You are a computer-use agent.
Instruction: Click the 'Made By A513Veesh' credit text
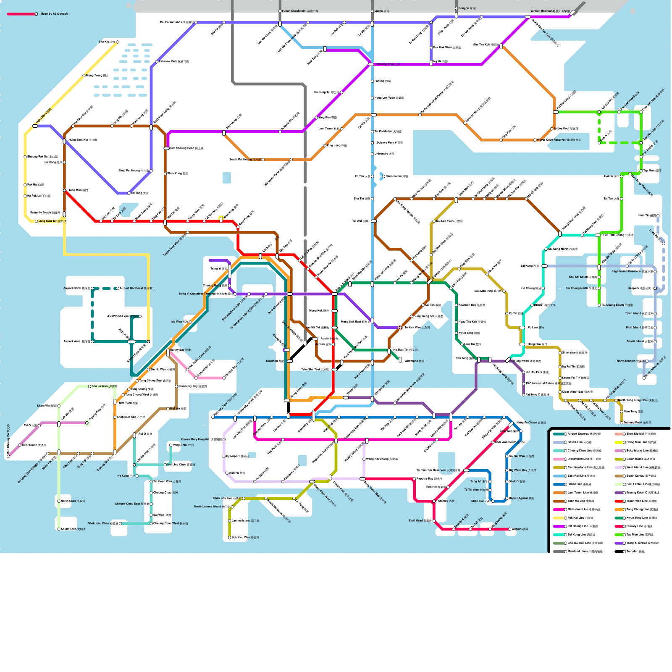[54, 14]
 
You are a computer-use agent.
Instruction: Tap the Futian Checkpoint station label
[300, 11]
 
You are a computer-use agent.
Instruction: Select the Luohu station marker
[372, 11]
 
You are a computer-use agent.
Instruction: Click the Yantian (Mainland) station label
[549, 11]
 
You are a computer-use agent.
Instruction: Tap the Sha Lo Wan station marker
[89, 386]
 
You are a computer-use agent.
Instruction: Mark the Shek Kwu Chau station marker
[120, 524]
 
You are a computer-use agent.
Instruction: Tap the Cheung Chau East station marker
[151, 504]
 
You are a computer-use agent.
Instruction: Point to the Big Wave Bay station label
[523, 470]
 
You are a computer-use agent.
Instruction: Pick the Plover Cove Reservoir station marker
[535, 140]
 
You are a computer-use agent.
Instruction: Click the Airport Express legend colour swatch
[559, 434]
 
